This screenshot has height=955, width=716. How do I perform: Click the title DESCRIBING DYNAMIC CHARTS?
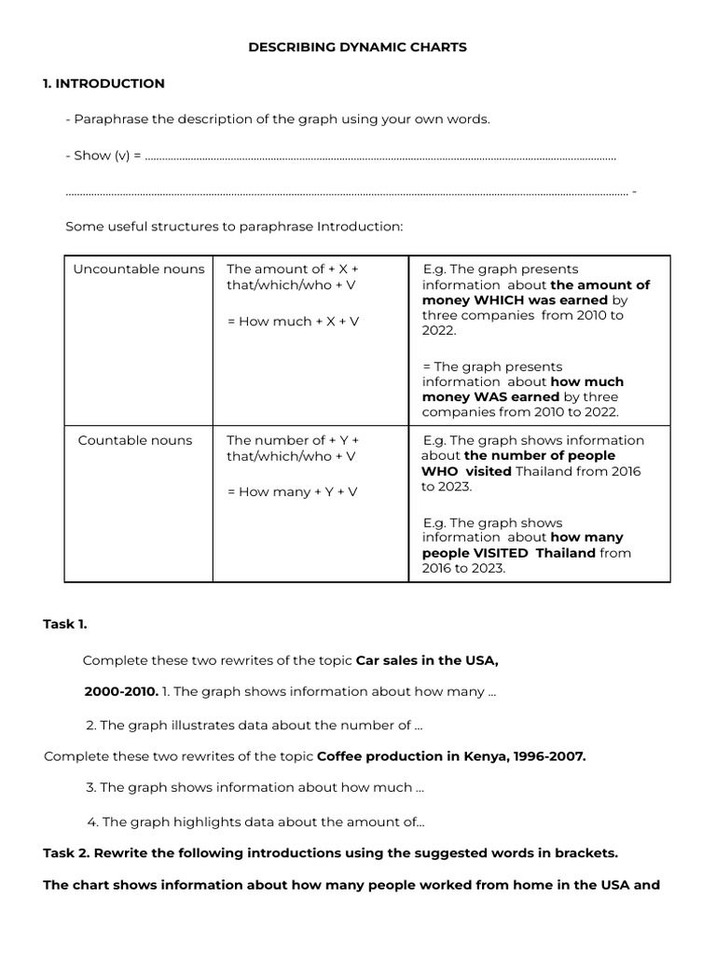357,47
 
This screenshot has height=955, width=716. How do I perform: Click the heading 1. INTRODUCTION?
103,83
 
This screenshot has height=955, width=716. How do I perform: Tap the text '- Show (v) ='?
103,156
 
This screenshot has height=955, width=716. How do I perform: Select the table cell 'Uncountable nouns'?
139,270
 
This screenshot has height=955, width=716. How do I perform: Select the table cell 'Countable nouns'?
135,440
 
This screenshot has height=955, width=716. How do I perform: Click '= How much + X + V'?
293,321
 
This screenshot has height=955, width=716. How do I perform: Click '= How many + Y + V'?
293,491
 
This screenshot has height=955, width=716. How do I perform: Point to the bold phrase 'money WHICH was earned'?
515,300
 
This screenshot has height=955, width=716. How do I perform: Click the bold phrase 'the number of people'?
540,455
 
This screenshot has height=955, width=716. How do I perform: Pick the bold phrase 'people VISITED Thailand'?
509,553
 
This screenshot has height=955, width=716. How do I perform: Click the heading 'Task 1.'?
64,625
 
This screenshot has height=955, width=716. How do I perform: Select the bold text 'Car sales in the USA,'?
428,660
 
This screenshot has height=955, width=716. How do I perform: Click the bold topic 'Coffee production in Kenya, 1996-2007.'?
451,756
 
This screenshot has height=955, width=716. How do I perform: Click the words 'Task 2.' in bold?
66,852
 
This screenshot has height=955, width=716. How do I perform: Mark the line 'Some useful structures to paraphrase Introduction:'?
234,228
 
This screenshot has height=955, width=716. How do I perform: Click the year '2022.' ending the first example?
439,330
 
